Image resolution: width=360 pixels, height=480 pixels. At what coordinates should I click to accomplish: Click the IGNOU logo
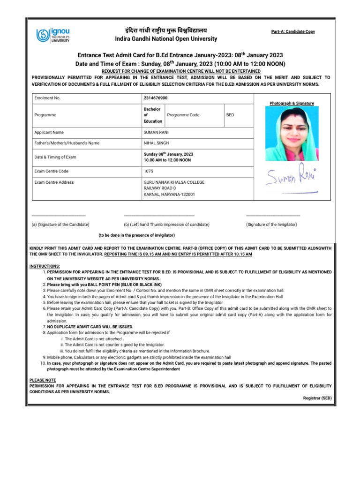click(53, 36)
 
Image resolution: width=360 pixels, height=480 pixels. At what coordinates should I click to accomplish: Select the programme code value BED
click(230, 115)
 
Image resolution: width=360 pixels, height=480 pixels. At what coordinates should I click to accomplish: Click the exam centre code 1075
click(149, 171)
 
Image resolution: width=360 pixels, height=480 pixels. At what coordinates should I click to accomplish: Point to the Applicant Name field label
click(49, 133)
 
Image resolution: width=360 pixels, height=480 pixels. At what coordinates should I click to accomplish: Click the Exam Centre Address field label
click(54, 182)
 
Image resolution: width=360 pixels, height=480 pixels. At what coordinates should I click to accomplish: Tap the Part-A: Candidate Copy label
click(293, 31)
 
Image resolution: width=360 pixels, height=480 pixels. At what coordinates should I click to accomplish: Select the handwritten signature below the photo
click(291, 178)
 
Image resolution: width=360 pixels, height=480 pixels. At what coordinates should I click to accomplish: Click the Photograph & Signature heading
click(292, 103)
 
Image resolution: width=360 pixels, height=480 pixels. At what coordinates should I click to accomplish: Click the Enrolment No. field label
click(47, 98)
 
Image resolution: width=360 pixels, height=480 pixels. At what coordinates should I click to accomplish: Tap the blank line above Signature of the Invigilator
click(273, 215)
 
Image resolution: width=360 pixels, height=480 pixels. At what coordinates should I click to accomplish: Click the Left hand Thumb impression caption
click(166, 225)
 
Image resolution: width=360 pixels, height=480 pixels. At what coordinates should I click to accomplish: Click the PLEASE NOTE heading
click(43, 380)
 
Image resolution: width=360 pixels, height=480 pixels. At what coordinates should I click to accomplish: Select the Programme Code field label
click(183, 115)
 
